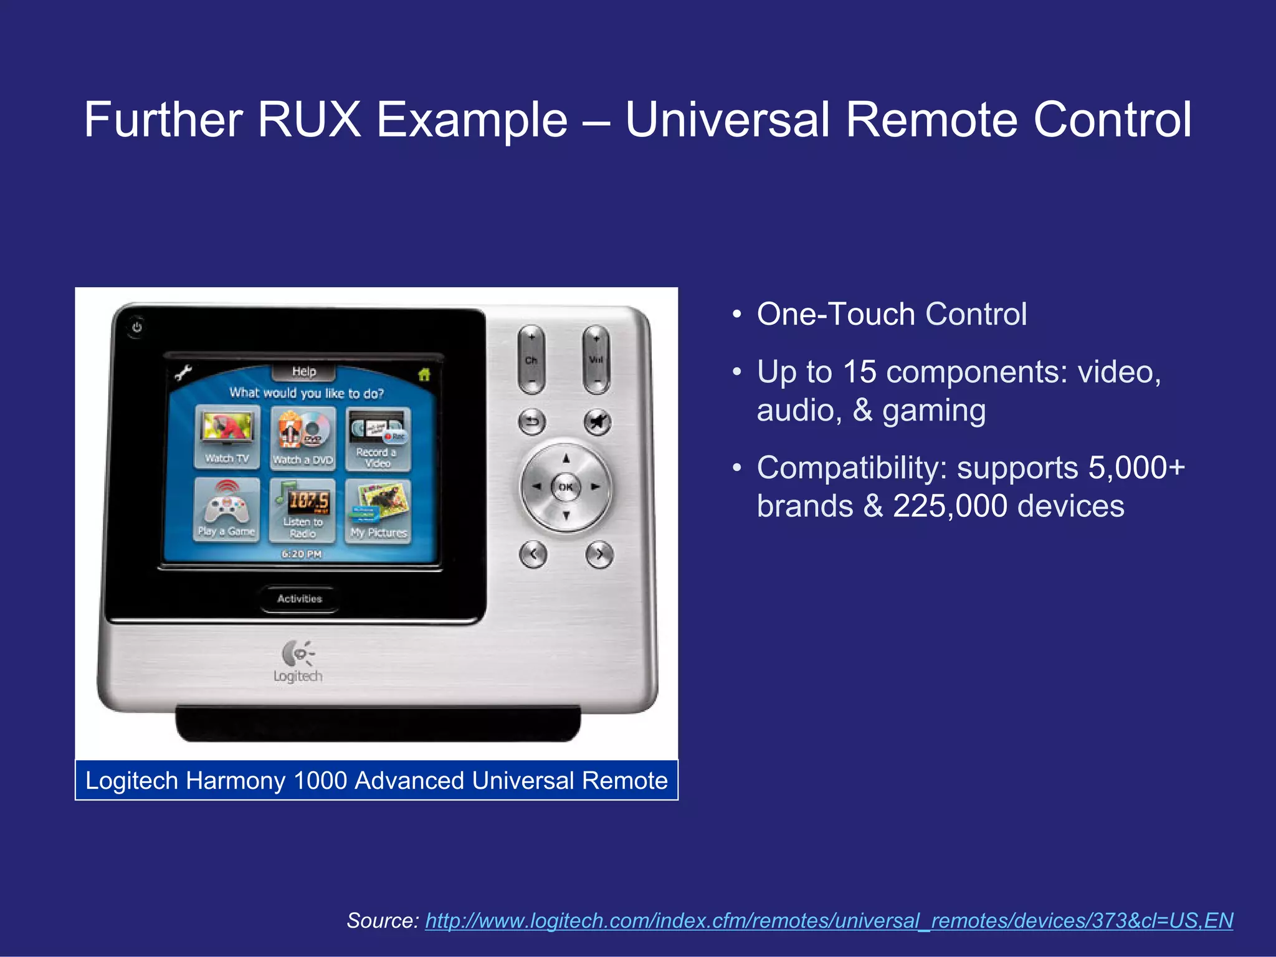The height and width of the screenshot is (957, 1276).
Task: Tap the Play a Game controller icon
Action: [x=227, y=508]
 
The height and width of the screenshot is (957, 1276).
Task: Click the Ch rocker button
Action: [x=531, y=359]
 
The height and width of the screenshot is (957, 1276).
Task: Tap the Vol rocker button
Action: [x=596, y=359]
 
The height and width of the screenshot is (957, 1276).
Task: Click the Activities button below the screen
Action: [x=300, y=599]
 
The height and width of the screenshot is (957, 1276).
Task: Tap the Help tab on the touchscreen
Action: [x=304, y=372]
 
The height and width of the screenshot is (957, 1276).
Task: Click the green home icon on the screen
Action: [x=424, y=374]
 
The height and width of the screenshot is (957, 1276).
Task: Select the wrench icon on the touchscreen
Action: [x=183, y=373]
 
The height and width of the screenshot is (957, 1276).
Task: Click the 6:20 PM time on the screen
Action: [x=302, y=554]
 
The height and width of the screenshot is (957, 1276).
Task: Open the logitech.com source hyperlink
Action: [x=829, y=921]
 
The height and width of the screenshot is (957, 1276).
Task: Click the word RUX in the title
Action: [x=309, y=120]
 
